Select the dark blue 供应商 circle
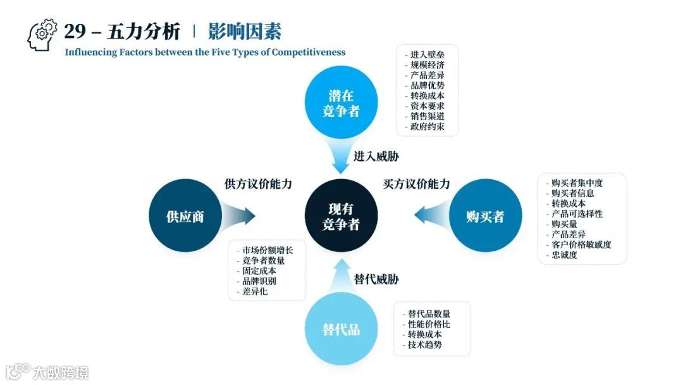[185, 216]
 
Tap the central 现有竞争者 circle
[341, 215]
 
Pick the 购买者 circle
[485, 216]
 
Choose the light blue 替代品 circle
[341, 329]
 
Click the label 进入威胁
[376, 156]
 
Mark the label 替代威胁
[376, 279]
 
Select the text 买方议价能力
[417, 184]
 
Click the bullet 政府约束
[427, 126]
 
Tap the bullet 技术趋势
[425, 344]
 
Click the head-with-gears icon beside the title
[42, 35]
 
